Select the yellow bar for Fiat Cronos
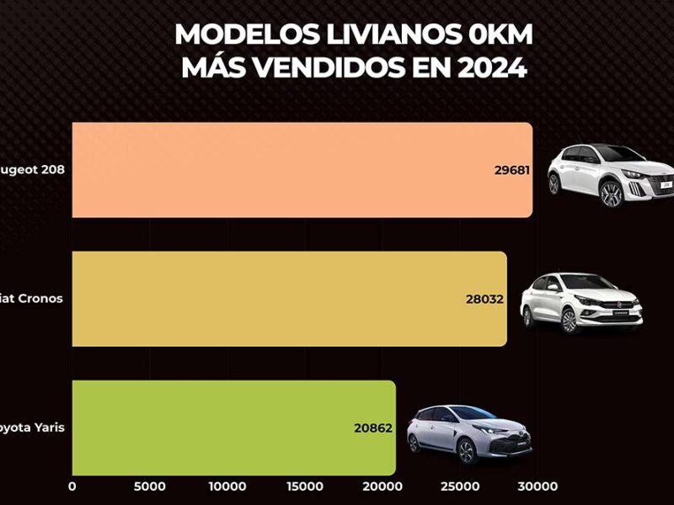[x=278, y=299]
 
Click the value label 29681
[x=511, y=170]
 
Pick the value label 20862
[x=373, y=428]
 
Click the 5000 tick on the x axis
[x=150, y=486]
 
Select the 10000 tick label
[x=227, y=486]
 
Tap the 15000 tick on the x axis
[x=305, y=486]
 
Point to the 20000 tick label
[x=382, y=486]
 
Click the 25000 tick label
[x=460, y=486]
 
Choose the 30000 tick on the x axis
[x=538, y=486]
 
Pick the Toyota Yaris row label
[x=34, y=428]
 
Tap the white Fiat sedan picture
[x=581, y=303]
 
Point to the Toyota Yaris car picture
[x=469, y=434]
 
